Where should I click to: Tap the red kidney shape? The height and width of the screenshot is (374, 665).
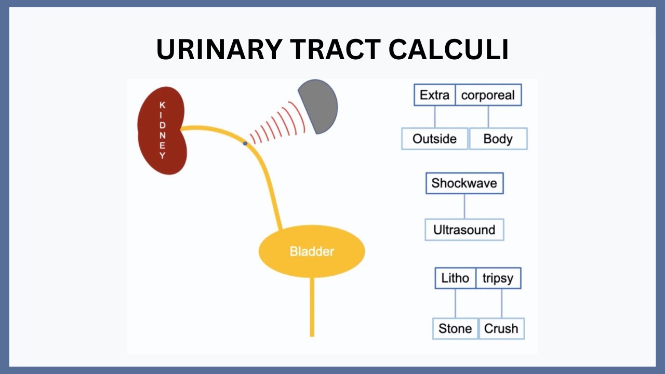point(162,130)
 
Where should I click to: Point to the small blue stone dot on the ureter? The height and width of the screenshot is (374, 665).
point(245,142)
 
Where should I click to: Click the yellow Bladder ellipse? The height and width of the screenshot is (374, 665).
point(312,251)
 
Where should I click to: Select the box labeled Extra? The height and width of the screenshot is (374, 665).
point(434,95)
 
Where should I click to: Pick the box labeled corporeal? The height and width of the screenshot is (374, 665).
point(488,95)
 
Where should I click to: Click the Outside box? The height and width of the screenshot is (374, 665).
point(434,139)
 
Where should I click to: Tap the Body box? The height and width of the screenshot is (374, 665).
point(498,139)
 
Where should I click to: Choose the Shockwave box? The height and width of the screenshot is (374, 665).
point(464,183)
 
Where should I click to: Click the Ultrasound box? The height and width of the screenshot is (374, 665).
point(464,230)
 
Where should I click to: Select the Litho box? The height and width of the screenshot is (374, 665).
point(455,278)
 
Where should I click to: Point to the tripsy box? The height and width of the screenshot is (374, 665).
point(498,278)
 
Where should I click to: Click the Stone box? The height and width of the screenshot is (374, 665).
point(455,328)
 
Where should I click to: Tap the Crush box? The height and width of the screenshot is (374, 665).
point(501,328)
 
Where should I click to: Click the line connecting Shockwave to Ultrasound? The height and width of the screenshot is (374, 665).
point(464,206)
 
